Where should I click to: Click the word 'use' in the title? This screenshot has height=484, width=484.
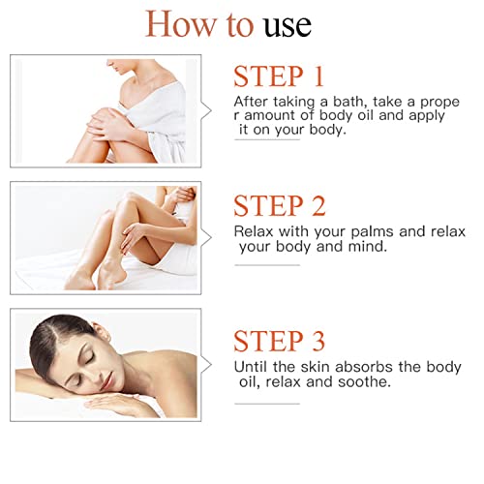pyautogui.click(x=287, y=26)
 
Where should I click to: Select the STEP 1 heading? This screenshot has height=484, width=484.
pyautogui.click(x=279, y=76)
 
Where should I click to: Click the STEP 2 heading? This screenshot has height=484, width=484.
pyautogui.click(x=280, y=205)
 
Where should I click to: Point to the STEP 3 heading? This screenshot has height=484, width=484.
pyautogui.click(x=279, y=341)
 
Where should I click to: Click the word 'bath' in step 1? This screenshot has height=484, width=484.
pyautogui.click(x=350, y=102)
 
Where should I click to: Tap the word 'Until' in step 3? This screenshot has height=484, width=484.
pyautogui.click(x=251, y=367)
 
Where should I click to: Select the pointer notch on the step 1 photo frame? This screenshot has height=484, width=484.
pyautogui.click(x=207, y=111)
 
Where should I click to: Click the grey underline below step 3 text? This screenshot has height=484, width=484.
pyautogui.click(x=267, y=404)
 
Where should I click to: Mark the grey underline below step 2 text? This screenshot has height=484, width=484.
pyautogui.click(x=267, y=265)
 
